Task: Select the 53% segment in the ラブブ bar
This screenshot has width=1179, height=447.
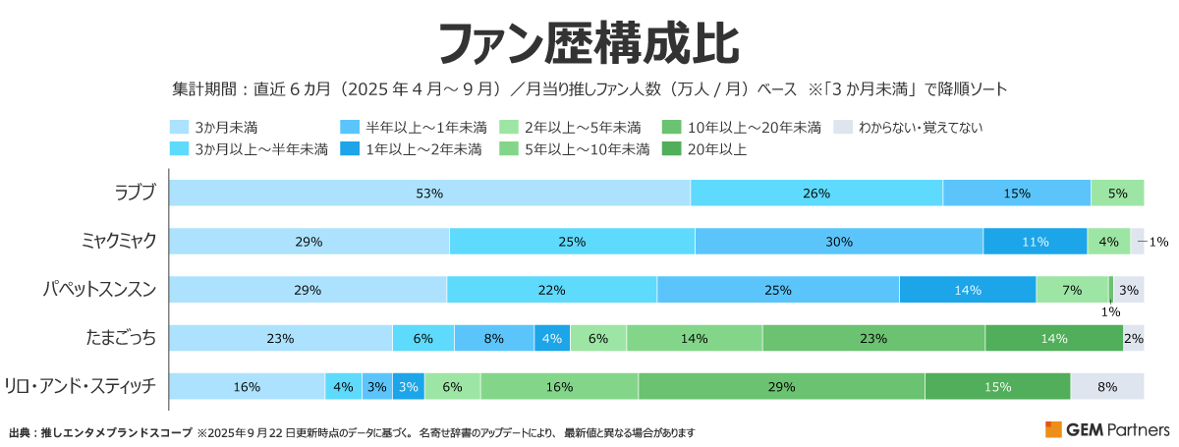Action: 429,194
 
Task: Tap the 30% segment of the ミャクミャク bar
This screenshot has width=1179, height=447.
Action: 839,242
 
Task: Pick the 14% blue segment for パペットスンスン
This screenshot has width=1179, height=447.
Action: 968,290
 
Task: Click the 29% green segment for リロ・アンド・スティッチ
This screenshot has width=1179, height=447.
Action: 781,387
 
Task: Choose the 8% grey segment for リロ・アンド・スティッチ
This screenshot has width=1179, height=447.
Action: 1107,387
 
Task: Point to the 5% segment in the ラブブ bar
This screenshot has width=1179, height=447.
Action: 1117,194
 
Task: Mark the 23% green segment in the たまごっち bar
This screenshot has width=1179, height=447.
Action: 873,339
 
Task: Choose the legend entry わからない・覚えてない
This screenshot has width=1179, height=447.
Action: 920,127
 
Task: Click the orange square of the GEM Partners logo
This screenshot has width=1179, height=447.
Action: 1053,429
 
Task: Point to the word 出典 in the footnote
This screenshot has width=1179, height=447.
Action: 20,432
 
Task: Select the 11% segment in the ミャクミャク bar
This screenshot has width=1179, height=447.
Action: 1035,242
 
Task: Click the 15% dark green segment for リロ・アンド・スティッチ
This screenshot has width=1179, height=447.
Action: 997,387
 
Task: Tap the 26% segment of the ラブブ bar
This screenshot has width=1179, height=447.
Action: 816,194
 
